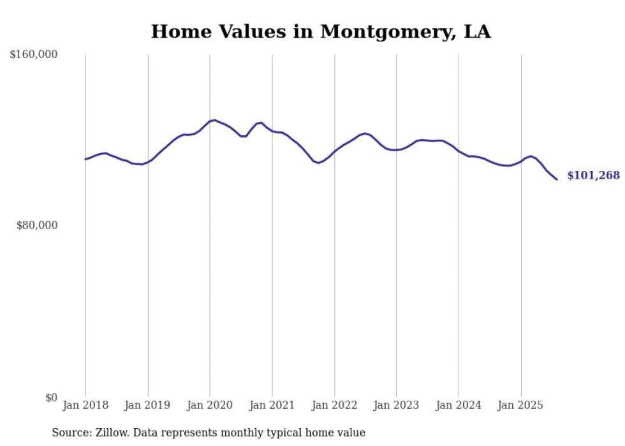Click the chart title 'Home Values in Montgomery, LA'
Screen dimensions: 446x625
tap(321, 32)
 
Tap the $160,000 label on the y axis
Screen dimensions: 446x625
tap(34, 55)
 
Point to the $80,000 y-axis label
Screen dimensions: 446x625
tap(37, 225)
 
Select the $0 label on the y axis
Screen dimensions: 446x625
tap(51, 398)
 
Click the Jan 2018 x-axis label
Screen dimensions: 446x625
tap(85, 405)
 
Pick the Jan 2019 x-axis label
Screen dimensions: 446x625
tap(148, 405)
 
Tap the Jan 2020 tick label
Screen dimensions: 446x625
tap(210, 405)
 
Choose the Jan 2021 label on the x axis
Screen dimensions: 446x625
tap(272, 405)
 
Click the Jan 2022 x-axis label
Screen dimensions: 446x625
tap(334, 405)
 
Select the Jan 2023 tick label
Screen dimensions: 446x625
tap(396, 405)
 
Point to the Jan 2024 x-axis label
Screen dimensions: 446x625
tap(459, 405)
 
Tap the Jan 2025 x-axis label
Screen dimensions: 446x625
tap(520, 405)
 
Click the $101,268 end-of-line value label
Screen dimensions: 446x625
tap(593, 175)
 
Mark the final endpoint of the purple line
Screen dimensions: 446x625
tap(557, 179)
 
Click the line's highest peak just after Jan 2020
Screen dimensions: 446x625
tap(215, 120)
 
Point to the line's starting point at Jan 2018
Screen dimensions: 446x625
tap(85, 159)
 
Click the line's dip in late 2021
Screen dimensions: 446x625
tap(319, 163)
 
